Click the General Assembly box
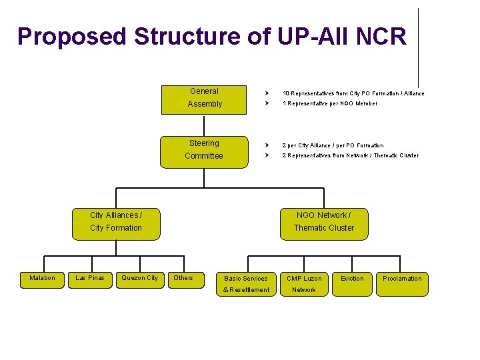204,98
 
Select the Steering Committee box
204,149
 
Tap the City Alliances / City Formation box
116,221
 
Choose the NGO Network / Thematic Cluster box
323,221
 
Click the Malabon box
43,278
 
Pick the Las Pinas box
89,278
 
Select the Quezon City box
139,278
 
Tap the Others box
183,278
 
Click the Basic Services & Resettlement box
247,284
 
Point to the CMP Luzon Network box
304,284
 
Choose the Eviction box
352,279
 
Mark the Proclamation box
402,279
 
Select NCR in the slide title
381,37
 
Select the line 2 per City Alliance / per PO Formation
333,145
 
